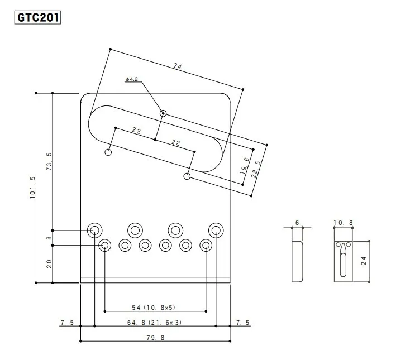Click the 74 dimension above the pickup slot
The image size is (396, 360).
tap(178, 66)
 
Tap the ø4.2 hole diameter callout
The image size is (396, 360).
tap(132, 80)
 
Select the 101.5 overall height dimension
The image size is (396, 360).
tap(33, 188)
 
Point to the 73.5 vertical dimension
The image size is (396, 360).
tap(49, 161)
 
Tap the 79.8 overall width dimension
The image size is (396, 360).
tap(155, 337)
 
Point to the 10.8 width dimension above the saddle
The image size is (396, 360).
tap(342, 223)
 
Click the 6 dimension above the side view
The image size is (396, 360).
tap(297, 223)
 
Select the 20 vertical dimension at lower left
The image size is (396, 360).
tap(49, 264)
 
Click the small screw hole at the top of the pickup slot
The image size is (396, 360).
tap(163, 113)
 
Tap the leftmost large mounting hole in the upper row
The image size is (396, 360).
tap(94, 230)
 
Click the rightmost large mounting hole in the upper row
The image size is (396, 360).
tap(216, 230)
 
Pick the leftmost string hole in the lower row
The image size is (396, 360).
tap(104, 245)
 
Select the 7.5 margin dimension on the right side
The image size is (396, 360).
tap(244, 323)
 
